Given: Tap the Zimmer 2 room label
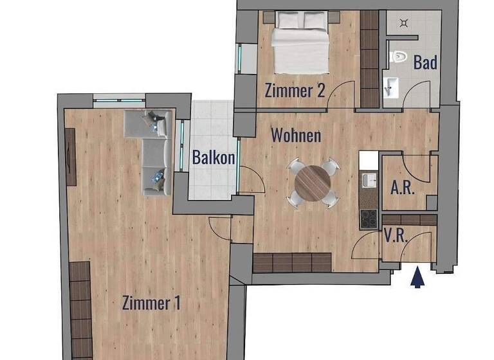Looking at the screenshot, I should [x=294, y=91].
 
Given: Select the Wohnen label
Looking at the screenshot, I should [x=295, y=136].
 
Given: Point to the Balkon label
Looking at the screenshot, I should [x=213, y=157].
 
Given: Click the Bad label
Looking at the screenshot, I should [x=425, y=62].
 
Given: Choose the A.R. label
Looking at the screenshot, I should [x=403, y=187].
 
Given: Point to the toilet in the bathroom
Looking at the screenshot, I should [x=399, y=57].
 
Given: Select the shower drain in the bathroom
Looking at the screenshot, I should [x=403, y=23].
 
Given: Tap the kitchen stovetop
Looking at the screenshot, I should [x=369, y=219].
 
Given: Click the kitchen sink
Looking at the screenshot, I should [x=369, y=179].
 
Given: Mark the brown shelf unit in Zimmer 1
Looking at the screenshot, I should [x=80, y=309].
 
